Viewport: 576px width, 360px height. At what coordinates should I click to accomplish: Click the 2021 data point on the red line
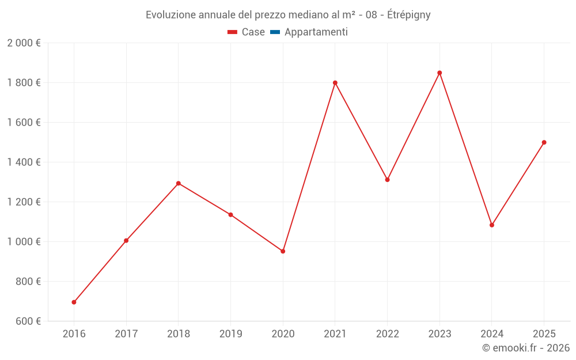335,83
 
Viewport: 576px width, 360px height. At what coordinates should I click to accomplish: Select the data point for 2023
439,73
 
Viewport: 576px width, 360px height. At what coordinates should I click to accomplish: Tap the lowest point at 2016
74,302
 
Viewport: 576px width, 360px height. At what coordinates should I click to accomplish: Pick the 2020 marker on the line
283,251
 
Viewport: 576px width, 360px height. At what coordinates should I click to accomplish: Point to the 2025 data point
544,142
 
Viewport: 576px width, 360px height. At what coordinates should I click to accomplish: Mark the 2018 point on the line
179,183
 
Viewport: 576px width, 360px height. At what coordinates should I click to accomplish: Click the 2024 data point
492,225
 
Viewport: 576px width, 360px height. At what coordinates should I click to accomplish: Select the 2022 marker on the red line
388,180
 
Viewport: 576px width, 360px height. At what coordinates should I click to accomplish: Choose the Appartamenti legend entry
316,32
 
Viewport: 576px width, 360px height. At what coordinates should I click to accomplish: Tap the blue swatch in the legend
275,32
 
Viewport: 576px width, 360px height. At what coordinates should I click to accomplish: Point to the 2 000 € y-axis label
24,43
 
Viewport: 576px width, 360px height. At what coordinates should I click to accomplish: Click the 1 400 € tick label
24,162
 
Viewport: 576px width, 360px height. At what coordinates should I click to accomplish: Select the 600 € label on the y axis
26,321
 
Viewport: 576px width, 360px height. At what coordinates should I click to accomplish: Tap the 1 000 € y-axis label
24,242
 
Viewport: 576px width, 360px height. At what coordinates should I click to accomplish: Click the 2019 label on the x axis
230,334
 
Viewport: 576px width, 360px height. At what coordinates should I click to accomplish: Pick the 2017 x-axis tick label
126,334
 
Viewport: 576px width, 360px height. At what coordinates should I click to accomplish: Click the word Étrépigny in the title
409,15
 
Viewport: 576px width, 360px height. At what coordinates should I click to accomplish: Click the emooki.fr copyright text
526,348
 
